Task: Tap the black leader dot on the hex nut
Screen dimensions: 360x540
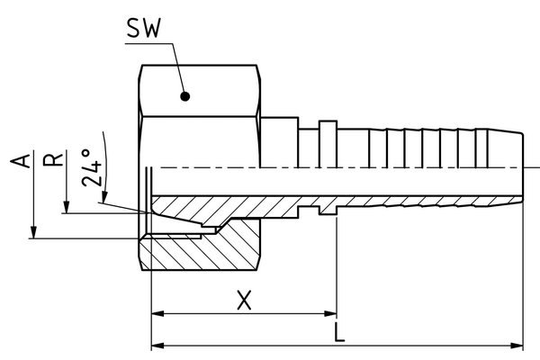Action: pos(184,95)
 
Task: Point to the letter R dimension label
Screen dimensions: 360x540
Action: pos(56,160)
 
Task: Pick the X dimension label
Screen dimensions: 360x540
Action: pos(243,300)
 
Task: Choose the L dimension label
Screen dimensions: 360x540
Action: pos(339,332)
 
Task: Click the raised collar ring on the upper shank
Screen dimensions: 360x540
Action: pos(328,144)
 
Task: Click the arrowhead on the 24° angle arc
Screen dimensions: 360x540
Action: pos(104,199)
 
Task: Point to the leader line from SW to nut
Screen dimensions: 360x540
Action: pos(175,67)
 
